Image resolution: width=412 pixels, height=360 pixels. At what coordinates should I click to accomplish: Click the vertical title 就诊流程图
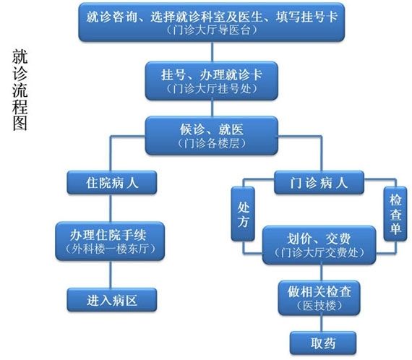pos(20,90)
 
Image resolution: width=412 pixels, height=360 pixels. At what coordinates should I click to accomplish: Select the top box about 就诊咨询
pos(212,22)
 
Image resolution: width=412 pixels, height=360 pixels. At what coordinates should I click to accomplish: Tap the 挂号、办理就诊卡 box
pos(212,81)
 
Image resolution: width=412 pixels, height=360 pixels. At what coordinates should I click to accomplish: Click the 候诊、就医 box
pos(212,135)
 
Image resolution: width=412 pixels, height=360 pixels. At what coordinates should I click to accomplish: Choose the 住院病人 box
pos(111,182)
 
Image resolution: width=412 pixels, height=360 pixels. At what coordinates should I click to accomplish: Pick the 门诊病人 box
pos(319,182)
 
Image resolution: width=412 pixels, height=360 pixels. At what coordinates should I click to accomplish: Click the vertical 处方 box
pos(243,214)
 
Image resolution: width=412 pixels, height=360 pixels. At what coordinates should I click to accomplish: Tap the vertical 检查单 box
pos(395,214)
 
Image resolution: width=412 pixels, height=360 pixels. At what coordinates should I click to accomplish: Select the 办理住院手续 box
pos(110,241)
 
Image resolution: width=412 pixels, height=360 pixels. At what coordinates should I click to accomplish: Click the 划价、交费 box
pos(319,245)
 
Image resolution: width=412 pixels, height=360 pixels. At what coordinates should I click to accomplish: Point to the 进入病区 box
pos(111,300)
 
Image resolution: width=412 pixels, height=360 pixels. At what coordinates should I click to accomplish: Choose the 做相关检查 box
pos(319,298)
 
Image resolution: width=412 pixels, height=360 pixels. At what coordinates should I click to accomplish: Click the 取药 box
pos(323,343)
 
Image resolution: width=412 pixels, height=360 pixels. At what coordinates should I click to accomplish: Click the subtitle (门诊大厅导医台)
pos(212,30)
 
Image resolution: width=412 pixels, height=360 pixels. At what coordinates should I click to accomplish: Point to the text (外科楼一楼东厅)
pos(110,249)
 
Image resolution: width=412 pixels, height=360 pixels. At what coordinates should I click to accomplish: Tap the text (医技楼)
pos(319,305)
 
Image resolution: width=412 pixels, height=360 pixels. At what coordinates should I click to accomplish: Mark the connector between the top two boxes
pos(212,51)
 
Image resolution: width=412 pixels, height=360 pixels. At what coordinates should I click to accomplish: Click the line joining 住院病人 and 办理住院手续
pos(111,208)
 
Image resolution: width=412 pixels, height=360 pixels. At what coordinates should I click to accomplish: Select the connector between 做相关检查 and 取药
pos(321,323)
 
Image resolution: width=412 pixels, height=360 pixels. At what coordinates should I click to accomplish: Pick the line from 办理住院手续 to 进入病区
pos(111,274)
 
